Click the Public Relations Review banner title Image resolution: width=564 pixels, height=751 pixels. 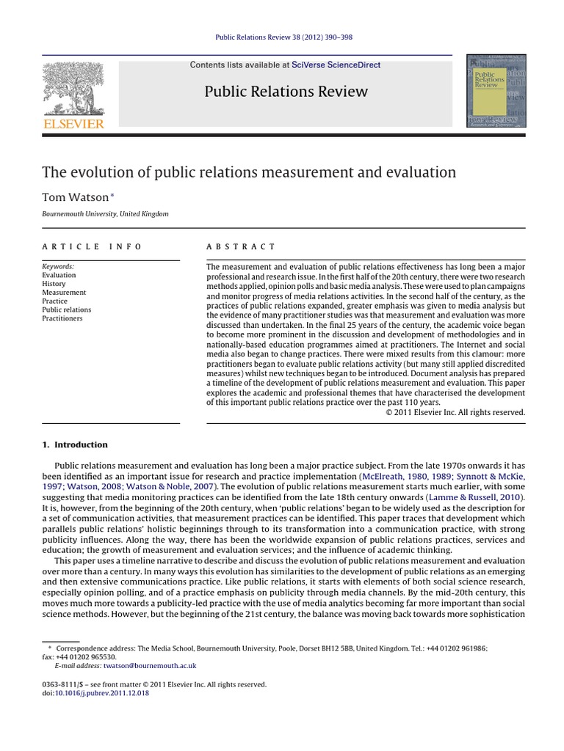click(x=286, y=92)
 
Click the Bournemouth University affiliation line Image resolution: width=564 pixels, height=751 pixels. click(x=105, y=214)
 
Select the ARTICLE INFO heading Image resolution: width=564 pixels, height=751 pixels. click(x=92, y=247)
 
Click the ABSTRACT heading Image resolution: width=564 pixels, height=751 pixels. click(x=241, y=247)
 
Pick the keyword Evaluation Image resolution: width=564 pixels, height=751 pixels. click(x=59, y=275)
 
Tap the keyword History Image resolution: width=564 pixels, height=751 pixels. click(x=54, y=284)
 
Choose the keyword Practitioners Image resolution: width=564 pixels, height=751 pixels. click(x=62, y=318)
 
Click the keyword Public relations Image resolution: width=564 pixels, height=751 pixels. click(x=66, y=309)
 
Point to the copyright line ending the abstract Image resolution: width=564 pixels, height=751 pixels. click(x=455, y=412)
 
